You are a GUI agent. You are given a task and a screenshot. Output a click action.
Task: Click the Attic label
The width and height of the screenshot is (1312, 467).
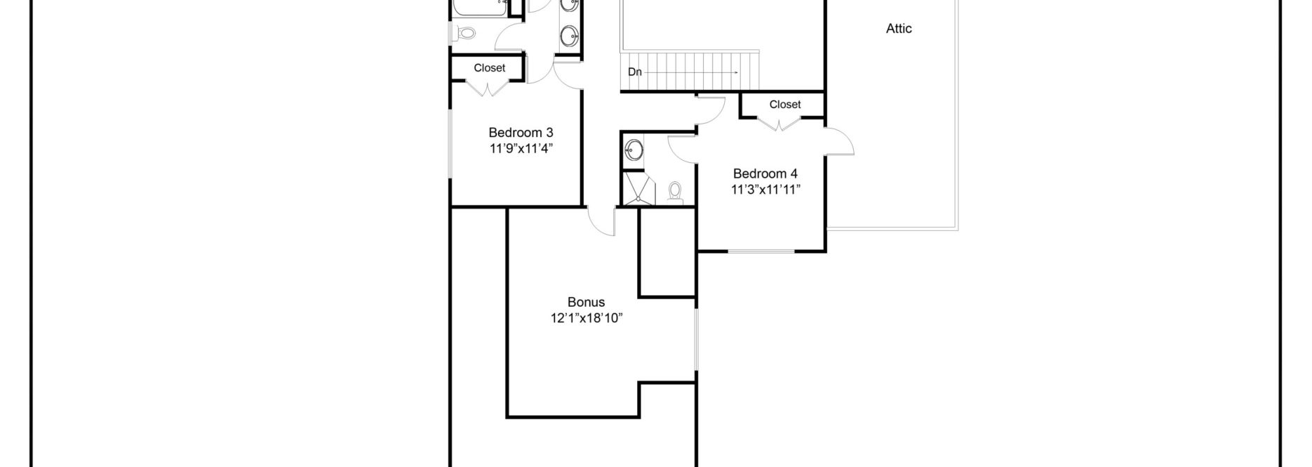[899, 29]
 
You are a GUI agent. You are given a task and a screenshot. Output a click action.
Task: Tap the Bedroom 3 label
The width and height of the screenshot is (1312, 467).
[521, 133]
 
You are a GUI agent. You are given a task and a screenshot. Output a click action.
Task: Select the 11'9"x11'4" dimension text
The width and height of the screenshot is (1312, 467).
[521, 148]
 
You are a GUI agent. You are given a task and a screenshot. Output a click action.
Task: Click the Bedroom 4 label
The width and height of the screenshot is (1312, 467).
[765, 173]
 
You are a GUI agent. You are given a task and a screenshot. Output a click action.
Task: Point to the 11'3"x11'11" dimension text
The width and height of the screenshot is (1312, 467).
[765, 189]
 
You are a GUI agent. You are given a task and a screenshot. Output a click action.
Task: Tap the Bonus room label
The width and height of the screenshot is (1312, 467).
[587, 303]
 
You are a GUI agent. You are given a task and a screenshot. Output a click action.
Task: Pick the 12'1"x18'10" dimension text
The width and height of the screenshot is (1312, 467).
[587, 318]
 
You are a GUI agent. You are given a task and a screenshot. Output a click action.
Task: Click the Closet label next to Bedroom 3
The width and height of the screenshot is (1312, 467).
[489, 68]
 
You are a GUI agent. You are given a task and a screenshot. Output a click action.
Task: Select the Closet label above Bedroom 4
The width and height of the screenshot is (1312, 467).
[784, 105]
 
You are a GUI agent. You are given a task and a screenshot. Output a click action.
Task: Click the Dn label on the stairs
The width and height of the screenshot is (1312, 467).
[634, 72]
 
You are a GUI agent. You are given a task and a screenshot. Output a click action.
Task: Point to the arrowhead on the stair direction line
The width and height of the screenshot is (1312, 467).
[735, 72]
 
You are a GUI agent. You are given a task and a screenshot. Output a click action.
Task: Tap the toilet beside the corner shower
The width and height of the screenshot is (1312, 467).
[675, 191]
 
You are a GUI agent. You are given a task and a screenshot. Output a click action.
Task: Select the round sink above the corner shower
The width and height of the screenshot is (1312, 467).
[634, 150]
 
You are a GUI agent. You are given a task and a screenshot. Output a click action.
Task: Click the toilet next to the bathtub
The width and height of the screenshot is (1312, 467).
[465, 32]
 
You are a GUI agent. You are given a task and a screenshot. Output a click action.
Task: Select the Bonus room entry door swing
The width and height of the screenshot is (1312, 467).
[601, 222]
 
